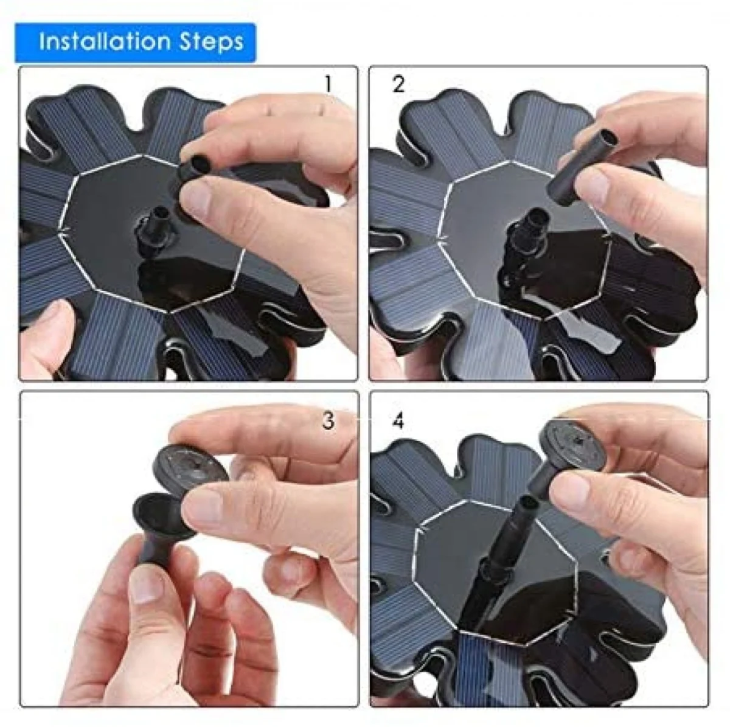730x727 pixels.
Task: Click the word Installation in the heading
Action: click(104, 41)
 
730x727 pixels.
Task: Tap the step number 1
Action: click(328, 84)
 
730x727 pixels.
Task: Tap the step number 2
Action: click(398, 84)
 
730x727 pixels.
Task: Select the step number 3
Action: click(328, 420)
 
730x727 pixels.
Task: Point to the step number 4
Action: click(398, 421)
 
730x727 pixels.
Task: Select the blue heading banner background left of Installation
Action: click(27, 43)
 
